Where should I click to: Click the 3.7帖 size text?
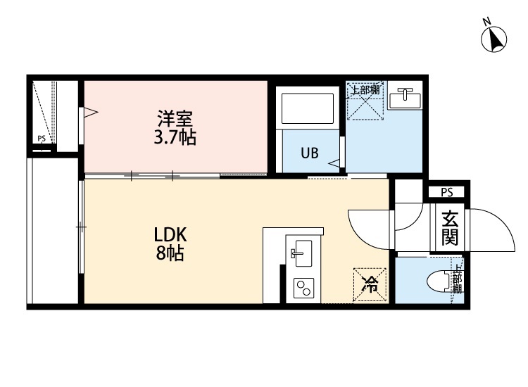coord(175,137)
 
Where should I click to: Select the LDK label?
coord(170,235)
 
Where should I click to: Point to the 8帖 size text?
coord(170,253)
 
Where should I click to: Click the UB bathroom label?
coord(310,152)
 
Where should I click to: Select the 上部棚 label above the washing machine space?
coord(365,90)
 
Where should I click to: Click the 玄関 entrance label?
coord(449,228)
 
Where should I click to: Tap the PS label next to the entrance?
coord(446,192)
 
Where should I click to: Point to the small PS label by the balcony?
coord(42,139)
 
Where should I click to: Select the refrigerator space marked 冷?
coord(370,285)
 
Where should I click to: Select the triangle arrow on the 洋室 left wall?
coord(89,112)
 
